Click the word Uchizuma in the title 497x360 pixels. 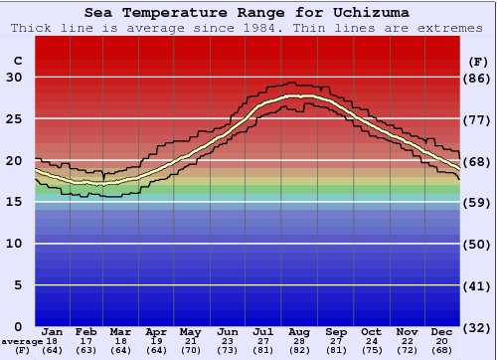click(x=370, y=12)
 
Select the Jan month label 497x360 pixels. click(x=53, y=330)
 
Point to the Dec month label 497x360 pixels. click(x=443, y=330)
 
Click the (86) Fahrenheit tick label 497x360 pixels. click(x=478, y=78)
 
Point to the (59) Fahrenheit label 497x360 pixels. click(x=478, y=202)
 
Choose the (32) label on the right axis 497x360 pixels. click(x=478, y=326)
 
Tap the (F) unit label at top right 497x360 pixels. click(x=478, y=61)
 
